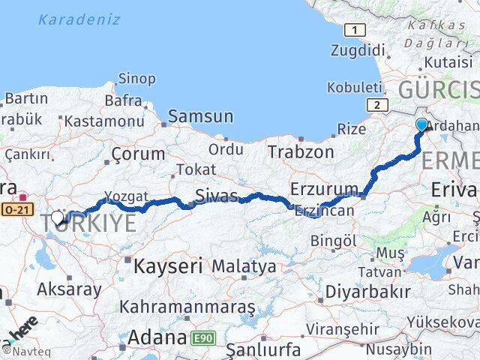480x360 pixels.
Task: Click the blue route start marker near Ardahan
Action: (x=421, y=124)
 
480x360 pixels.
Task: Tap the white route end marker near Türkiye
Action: (x=58, y=217)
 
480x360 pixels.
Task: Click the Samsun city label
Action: (x=200, y=116)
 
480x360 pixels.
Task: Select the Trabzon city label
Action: (x=301, y=151)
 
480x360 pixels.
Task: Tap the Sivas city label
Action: (x=217, y=196)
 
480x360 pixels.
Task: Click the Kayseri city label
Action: (x=169, y=265)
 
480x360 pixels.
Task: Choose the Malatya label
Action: (x=244, y=265)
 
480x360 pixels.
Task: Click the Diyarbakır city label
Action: (x=373, y=292)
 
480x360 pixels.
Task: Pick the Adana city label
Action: (x=157, y=337)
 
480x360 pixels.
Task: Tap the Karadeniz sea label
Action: (x=79, y=19)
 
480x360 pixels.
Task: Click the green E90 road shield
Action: (x=204, y=338)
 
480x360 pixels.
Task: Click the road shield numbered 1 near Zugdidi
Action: (x=354, y=29)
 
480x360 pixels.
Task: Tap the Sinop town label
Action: (x=137, y=79)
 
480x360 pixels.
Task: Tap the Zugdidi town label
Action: (x=358, y=51)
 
